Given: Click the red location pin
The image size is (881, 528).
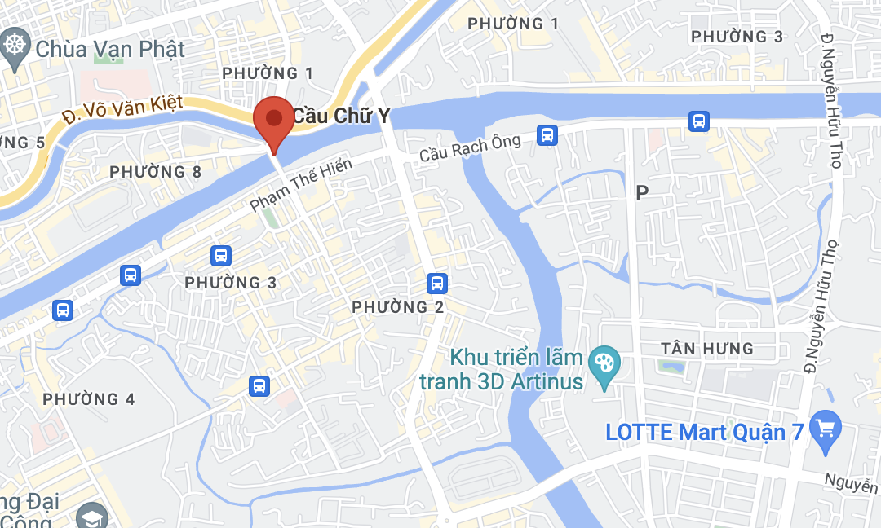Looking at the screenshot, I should coord(273,121).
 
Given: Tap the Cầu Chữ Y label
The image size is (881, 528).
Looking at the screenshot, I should coord(341,117).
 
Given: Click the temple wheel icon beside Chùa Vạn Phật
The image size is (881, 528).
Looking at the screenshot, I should coord(15,43).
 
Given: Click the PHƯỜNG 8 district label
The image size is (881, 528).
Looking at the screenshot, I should coord(155,172).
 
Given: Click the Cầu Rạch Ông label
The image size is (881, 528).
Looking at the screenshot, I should coord(470,147).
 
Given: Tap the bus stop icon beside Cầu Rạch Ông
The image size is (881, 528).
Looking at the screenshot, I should coord(548,134).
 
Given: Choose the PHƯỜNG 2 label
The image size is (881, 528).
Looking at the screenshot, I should coord(397,307).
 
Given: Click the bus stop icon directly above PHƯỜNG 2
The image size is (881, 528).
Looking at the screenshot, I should coord(437,283).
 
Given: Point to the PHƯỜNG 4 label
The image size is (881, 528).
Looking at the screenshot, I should coord(89,399).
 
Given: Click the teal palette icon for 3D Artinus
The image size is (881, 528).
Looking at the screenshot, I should coord(605,360).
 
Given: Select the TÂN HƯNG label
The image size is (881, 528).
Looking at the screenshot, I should coord(707,349).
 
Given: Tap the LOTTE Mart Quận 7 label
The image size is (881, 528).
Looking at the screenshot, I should coord(705,432).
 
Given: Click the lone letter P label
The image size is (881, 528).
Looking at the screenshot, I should coord(642,192).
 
